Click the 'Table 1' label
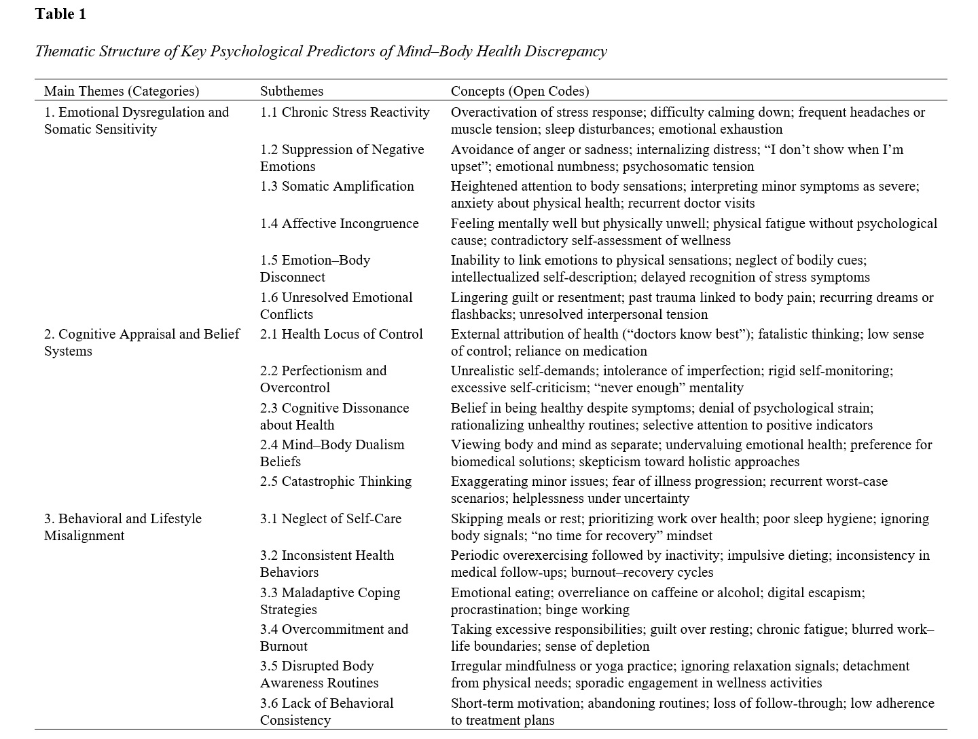[60, 14]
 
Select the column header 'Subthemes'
[291, 91]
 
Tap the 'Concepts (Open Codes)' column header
[520, 91]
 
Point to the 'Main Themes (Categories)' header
[122, 91]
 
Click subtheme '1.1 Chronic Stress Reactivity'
[344, 112]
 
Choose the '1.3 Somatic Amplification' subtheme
[337, 186]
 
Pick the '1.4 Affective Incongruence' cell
[339, 223]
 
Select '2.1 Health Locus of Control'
[341, 334]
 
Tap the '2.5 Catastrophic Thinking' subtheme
[336, 481]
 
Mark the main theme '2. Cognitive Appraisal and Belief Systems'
[141, 342]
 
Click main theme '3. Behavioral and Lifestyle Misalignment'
[122, 527]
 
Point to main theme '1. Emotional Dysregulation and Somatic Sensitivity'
[136, 120]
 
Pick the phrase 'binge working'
[587, 609]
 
